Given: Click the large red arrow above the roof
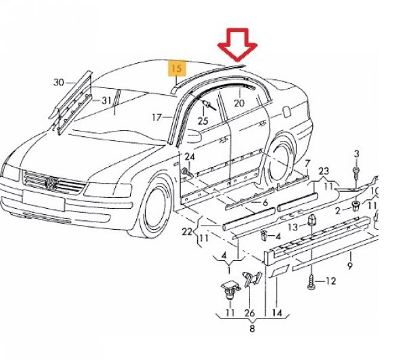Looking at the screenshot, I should (x=236, y=46).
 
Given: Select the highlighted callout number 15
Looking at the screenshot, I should (x=176, y=68).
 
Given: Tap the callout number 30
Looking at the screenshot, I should (x=59, y=83).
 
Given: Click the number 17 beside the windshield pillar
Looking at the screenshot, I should (x=157, y=117).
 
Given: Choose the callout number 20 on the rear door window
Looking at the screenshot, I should (x=238, y=103).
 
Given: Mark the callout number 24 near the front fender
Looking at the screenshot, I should (x=190, y=157).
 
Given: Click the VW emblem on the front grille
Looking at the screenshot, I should (x=51, y=182).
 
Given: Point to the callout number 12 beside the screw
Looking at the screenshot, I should (x=331, y=281).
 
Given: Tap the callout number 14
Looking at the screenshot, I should (x=276, y=313).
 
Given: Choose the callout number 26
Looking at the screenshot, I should (x=249, y=313).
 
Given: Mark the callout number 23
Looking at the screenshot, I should (x=323, y=171).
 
